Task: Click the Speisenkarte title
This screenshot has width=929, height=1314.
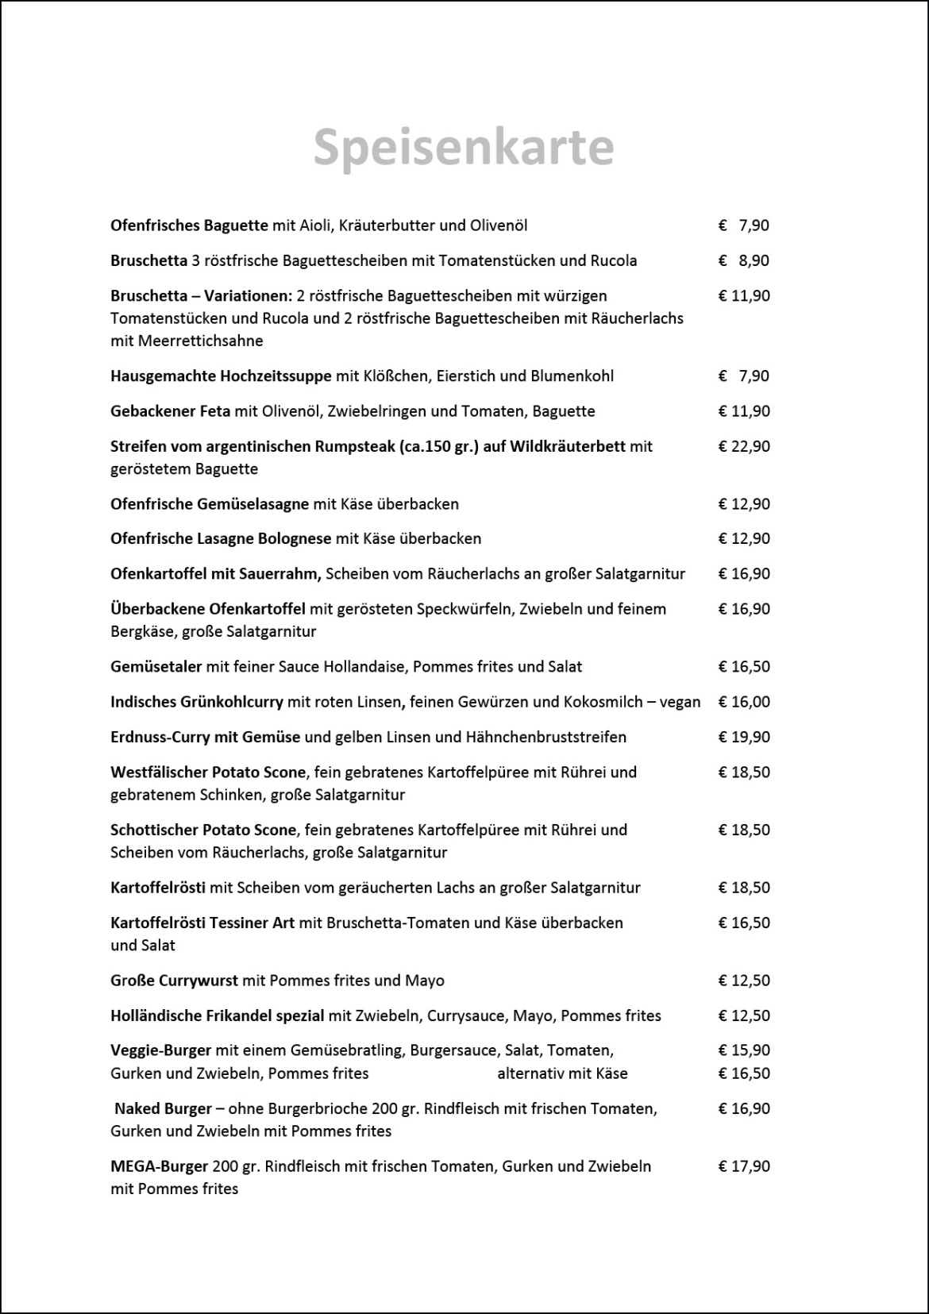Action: pyautogui.click(x=464, y=147)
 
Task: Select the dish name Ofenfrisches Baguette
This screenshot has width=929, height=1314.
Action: pyautogui.click(x=189, y=225)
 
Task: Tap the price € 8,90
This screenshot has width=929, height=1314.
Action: pyautogui.click(x=744, y=260)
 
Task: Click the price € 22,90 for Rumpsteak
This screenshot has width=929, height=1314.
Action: pyautogui.click(x=744, y=446)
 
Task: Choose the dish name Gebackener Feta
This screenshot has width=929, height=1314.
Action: pyautogui.click(x=170, y=411)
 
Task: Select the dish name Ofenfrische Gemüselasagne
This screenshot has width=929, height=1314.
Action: pyautogui.click(x=210, y=504)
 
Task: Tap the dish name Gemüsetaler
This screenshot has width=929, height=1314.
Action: pyautogui.click(x=156, y=667)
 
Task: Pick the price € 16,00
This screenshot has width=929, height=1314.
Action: pyautogui.click(x=744, y=702)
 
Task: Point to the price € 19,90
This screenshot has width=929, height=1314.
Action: pyautogui.click(x=744, y=737)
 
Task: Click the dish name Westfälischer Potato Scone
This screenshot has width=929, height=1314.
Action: pyautogui.click(x=208, y=773)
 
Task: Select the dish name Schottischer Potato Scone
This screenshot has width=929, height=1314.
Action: pyautogui.click(x=203, y=830)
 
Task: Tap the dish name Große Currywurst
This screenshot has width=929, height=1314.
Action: pyautogui.click(x=174, y=981)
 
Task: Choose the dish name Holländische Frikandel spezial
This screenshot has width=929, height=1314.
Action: pyautogui.click(x=218, y=1015)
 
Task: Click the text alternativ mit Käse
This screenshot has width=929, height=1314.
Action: pyautogui.click(x=562, y=1074)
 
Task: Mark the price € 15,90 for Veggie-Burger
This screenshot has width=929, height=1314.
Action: pyautogui.click(x=744, y=1050)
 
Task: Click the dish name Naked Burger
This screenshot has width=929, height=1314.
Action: pyautogui.click(x=163, y=1109)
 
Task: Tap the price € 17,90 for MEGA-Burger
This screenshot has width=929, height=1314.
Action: pyautogui.click(x=744, y=1166)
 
